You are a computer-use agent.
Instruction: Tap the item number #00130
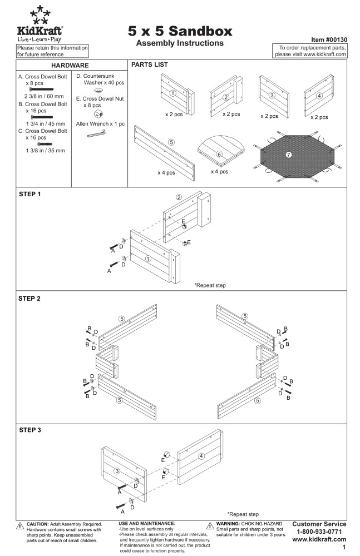click(329, 40)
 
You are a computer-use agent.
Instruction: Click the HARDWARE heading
click(70, 66)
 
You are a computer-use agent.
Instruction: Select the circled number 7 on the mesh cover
click(289, 154)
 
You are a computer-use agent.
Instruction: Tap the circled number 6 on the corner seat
click(219, 155)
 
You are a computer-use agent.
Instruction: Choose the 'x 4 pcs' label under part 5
click(166, 172)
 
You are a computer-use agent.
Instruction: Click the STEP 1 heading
click(29, 195)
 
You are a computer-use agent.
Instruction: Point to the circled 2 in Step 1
click(179, 197)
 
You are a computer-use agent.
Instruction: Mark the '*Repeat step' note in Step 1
click(210, 285)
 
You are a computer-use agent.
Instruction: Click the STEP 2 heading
click(29, 299)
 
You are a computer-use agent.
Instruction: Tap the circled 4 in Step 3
click(201, 456)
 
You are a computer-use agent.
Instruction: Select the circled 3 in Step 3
click(117, 471)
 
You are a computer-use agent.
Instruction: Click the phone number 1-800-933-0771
click(319, 532)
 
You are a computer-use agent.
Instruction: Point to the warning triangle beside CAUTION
click(20, 526)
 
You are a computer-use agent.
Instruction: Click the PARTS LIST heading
click(150, 65)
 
